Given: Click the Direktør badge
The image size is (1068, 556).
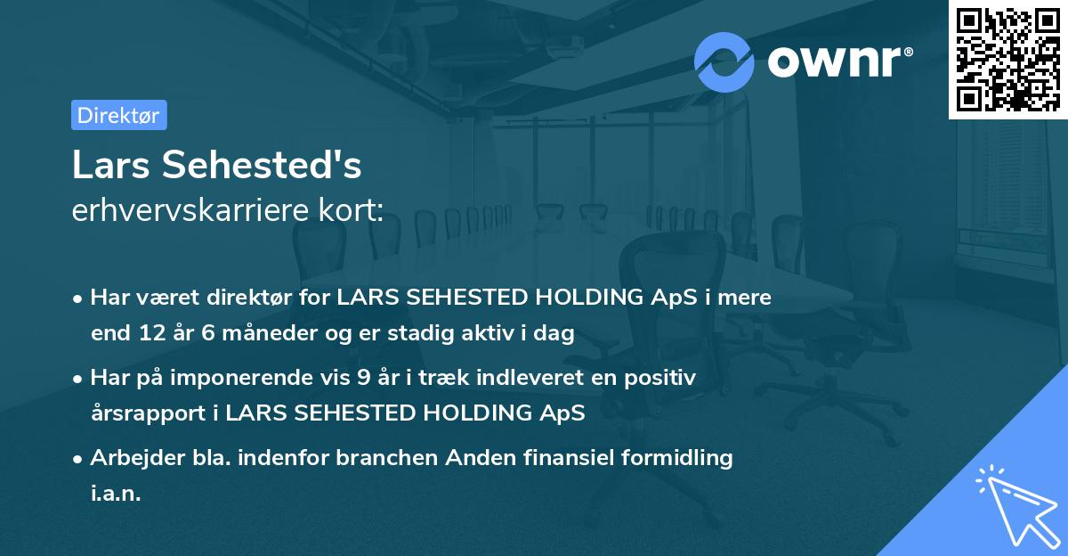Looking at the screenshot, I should pyautogui.click(x=118, y=115).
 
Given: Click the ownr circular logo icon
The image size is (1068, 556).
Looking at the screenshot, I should pyautogui.click(x=724, y=61).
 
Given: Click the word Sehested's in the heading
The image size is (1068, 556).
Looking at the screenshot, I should pyautogui.click(x=260, y=167).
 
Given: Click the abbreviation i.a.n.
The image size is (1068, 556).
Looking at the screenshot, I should pyautogui.click(x=116, y=494).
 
